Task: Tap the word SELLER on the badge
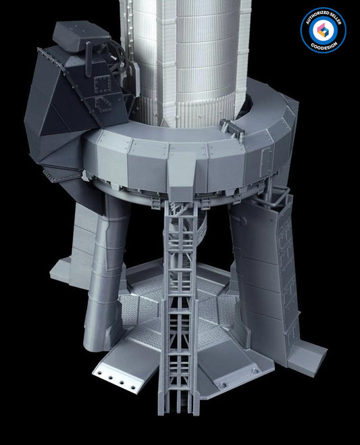[335, 19]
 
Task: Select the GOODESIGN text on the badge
[323, 46]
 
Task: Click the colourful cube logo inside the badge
[323, 30]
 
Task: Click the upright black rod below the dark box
[88, 59]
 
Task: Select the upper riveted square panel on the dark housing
[103, 84]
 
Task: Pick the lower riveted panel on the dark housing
[103, 105]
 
